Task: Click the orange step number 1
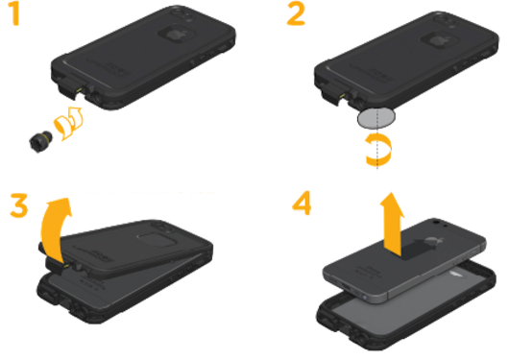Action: pyautogui.click(x=15, y=14)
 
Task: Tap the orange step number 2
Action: pyautogui.click(x=296, y=14)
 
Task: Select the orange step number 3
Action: pyautogui.click(x=19, y=205)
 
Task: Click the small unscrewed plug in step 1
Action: pyautogui.click(x=40, y=141)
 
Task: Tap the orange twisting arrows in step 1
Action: pyautogui.click(x=69, y=123)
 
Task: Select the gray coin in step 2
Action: pyautogui.click(x=376, y=117)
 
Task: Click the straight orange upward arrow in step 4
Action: pyautogui.click(x=393, y=224)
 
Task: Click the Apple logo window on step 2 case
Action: pyautogui.click(x=438, y=41)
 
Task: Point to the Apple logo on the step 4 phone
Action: pyautogui.click(x=432, y=242)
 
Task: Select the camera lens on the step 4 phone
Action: pyautogui.click(x=436, y=222)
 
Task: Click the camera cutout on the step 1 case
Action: pyautogui.click(x=182, y=14)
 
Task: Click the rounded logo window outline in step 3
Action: pyautogui.click(x=156, y=241)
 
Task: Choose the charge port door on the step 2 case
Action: pyautogui.click(x=331, y=93)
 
